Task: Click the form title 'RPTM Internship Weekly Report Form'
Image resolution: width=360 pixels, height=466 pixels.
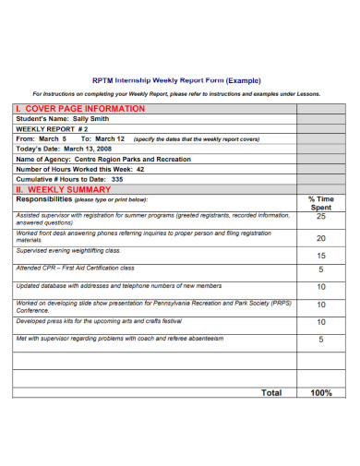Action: (156, 79)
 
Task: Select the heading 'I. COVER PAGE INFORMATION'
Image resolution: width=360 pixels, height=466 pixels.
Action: (80, 108)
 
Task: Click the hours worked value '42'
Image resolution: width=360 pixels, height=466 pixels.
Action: (139, 169)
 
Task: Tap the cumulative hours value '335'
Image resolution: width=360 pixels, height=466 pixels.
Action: (117, 179)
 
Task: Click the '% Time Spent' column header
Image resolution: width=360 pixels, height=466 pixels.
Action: (320, 203)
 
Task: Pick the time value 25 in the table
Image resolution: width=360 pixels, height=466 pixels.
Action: (320, 218)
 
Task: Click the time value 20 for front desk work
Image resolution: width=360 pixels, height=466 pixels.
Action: (320, 237)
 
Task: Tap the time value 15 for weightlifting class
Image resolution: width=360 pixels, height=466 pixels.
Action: (320, 255)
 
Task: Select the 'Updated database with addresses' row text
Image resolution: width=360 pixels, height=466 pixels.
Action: (108, 286)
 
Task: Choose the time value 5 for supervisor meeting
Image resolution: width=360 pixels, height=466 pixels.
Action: (320, 340)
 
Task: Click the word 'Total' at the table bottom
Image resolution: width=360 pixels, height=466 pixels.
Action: (271, 392)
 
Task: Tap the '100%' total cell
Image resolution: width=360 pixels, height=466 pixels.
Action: (320, 392)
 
